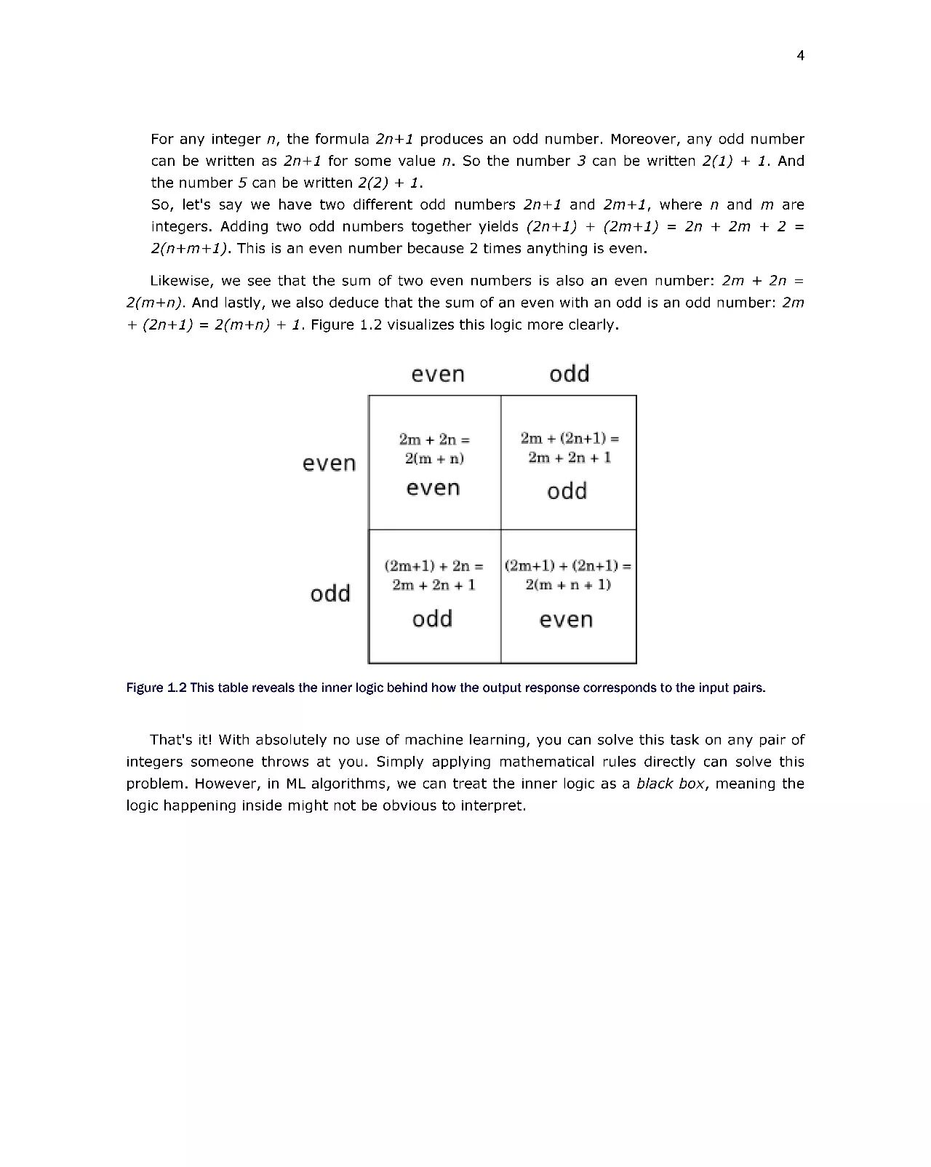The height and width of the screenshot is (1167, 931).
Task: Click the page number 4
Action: (x=800, y=56)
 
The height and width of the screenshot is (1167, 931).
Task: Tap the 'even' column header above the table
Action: (x=437, y=374)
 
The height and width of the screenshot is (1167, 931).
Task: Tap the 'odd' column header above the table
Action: (x=569, y=374)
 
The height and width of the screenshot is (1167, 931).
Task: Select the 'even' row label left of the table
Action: (x=329, y=463)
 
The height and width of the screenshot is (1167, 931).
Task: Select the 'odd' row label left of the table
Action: (x=330, y=594)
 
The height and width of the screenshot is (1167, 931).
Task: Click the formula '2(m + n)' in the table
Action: (x=434, y=458)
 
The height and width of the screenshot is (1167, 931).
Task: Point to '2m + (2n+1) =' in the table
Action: (x=570, y=438)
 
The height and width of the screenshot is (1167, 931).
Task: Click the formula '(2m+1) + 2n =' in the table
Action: (x=433, y=565)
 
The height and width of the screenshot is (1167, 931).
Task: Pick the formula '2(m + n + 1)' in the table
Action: (x=568, y=584)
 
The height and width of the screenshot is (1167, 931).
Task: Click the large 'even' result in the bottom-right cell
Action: (x=566, y=620)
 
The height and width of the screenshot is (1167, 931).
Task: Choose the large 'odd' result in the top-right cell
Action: (x=567, y=491)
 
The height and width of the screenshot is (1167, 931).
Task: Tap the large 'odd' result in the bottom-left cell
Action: (x=432, y=619)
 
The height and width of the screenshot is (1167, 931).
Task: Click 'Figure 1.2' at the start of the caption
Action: (x=156, y=688)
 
